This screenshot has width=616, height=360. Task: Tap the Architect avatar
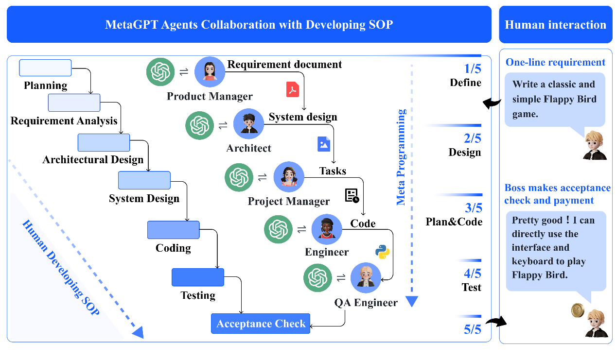(248, 123)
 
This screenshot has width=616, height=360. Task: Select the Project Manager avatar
(288, 177)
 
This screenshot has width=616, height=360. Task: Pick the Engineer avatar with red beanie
(327, 229)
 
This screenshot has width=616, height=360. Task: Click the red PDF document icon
(293, 89)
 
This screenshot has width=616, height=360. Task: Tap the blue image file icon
(324, 143)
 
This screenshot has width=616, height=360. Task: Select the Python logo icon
(383, 252)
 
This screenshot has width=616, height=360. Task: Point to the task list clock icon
(352, 196)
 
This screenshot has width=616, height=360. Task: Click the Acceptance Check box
(261, 324)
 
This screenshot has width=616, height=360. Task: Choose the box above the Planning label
(45, 68)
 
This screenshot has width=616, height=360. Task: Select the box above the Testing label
(198, 277)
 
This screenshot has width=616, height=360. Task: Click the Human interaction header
(555, 25)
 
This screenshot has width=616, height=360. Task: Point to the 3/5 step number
(474, 208)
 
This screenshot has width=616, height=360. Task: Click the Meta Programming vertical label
(401, 157)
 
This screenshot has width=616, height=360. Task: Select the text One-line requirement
(555, 62)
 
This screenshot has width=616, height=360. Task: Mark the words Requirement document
(284, 64)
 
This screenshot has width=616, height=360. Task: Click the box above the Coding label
(174, 230)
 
